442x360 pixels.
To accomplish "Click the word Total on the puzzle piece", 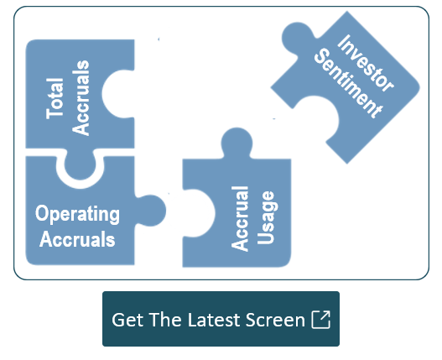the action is (55, 98).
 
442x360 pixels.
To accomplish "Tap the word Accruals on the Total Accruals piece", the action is (81, 98).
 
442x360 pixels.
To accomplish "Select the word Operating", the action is (77, 215).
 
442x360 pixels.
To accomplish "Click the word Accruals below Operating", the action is (77, 239).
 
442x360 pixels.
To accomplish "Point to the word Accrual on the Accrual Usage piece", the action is (240, 219).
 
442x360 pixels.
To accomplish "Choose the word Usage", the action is (265, 218).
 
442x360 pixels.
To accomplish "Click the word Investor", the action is (366, 63).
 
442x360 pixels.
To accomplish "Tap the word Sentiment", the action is (348, 83).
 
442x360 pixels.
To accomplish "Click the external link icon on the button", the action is (320, 320).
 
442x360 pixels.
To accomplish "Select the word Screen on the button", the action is (275, 320).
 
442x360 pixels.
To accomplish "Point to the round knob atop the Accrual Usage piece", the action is (237, 143).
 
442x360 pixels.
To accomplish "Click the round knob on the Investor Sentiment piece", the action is (297, 38).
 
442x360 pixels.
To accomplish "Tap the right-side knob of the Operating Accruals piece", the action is (151, 211).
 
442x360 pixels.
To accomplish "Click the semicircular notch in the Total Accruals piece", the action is (117, 94).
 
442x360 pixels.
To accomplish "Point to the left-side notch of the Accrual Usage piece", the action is (199, 213).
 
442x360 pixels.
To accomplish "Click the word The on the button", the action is (165, 320).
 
